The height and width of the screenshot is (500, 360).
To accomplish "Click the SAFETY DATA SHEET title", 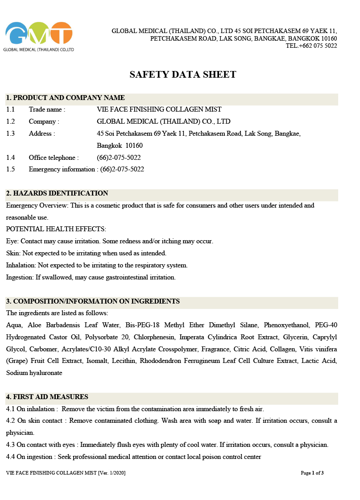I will tap(183, 75).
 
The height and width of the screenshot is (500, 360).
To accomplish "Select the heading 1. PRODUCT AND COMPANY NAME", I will tap(65, 98).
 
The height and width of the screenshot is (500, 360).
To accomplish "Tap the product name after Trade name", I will tap(159, 109).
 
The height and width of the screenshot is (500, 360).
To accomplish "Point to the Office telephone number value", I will tap(119, 158).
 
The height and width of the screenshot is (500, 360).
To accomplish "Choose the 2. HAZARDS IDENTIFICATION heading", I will tap(57, 193).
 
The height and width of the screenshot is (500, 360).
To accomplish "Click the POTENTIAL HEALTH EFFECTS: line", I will tap(56, 229).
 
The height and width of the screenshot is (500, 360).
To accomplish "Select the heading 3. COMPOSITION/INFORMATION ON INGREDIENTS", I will tap(93, 301).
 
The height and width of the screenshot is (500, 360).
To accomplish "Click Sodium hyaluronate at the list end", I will tap(34, 373).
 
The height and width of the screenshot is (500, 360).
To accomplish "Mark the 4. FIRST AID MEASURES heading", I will tap(47, 397).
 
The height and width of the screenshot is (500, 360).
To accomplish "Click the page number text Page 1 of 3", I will tap(312, 473).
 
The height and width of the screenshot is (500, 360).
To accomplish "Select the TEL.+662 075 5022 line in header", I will tap(311, 46).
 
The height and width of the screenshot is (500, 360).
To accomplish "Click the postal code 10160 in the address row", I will tap(134, 146).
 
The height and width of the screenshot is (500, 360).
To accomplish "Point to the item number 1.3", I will tap(11, 133).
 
